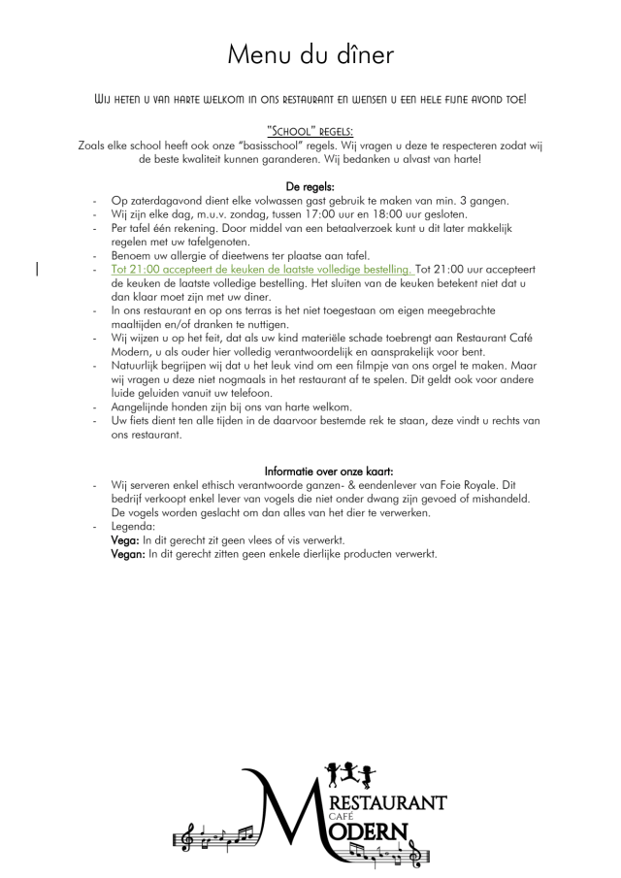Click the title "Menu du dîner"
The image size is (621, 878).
(310, 54)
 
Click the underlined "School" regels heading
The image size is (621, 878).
(310, 132)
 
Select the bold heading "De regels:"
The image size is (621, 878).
(310, 185)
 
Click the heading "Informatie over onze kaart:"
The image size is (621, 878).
(310, 471)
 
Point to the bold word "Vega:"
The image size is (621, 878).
(125, 539)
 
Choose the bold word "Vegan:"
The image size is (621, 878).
(128, 554)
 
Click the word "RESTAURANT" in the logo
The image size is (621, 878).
(388, 802)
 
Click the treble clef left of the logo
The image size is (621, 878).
(190, 836)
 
